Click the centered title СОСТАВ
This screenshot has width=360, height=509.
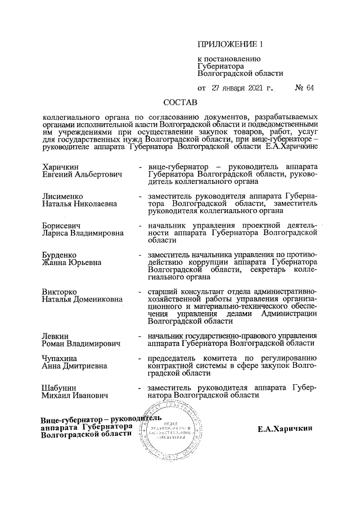(x=181, y=103)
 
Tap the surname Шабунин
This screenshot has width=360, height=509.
(x=58, y=388)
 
